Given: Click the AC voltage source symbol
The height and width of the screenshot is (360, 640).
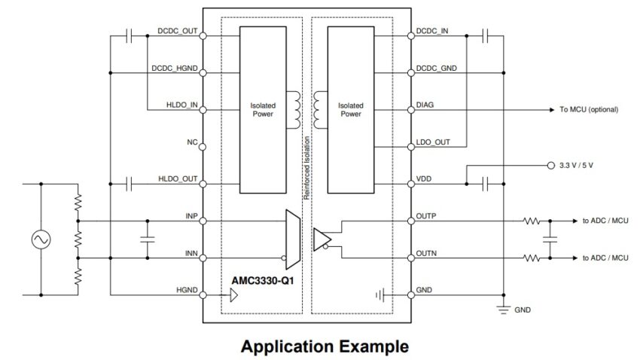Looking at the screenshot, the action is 41,239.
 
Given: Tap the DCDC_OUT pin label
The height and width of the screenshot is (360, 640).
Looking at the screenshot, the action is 178,31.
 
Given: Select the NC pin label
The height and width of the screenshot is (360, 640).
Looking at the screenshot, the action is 192,142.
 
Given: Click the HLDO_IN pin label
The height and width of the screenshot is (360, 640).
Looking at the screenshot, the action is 182,105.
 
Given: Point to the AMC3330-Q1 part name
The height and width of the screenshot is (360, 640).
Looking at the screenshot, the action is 263,281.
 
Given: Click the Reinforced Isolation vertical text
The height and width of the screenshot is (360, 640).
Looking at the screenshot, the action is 307,168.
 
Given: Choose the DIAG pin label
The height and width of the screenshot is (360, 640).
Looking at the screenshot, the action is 425,105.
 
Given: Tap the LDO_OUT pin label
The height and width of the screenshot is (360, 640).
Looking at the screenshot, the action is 433,142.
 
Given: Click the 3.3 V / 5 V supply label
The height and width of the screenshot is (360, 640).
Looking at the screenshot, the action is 576,165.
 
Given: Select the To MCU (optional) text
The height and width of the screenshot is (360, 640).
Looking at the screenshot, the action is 589,109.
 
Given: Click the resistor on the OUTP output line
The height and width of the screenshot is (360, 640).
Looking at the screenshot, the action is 532,221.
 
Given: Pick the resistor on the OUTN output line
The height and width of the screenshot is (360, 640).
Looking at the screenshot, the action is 532,258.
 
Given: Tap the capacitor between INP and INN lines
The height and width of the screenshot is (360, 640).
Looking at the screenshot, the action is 148,239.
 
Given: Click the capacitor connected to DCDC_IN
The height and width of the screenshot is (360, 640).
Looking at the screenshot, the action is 486,36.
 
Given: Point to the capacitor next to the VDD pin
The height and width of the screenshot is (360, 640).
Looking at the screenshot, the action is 486,184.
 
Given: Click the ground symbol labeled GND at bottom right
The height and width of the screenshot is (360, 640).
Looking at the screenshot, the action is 504,310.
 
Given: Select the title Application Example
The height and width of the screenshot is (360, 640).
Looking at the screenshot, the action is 325,346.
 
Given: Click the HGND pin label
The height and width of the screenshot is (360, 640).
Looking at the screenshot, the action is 187,290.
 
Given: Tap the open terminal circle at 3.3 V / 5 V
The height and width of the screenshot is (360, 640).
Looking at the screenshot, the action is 551,165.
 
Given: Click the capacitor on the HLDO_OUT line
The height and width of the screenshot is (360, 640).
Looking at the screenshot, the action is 129,184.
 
